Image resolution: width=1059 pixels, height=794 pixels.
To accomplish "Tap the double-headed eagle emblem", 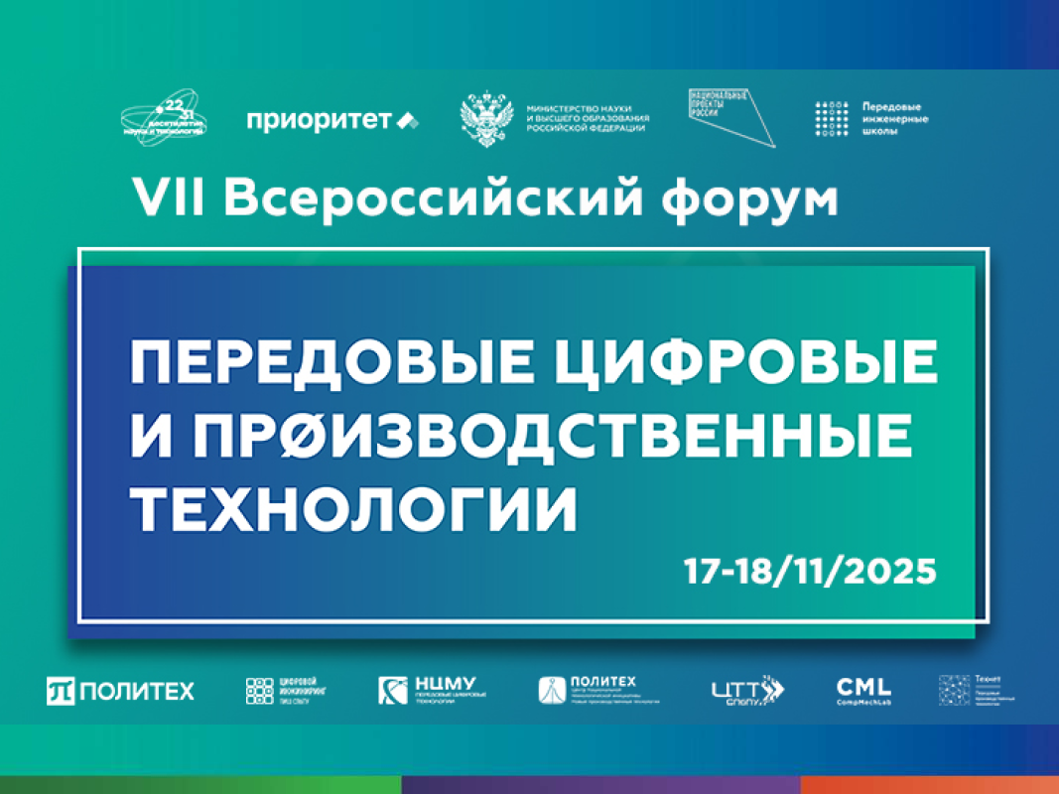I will click(x=486, y=120).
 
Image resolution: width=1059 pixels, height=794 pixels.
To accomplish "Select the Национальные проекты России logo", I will click(x=731, y=117).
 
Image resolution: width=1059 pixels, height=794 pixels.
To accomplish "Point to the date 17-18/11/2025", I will click(x=809, y=573).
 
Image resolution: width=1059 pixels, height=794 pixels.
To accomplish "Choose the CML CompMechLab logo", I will click(x=863, y=689).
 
